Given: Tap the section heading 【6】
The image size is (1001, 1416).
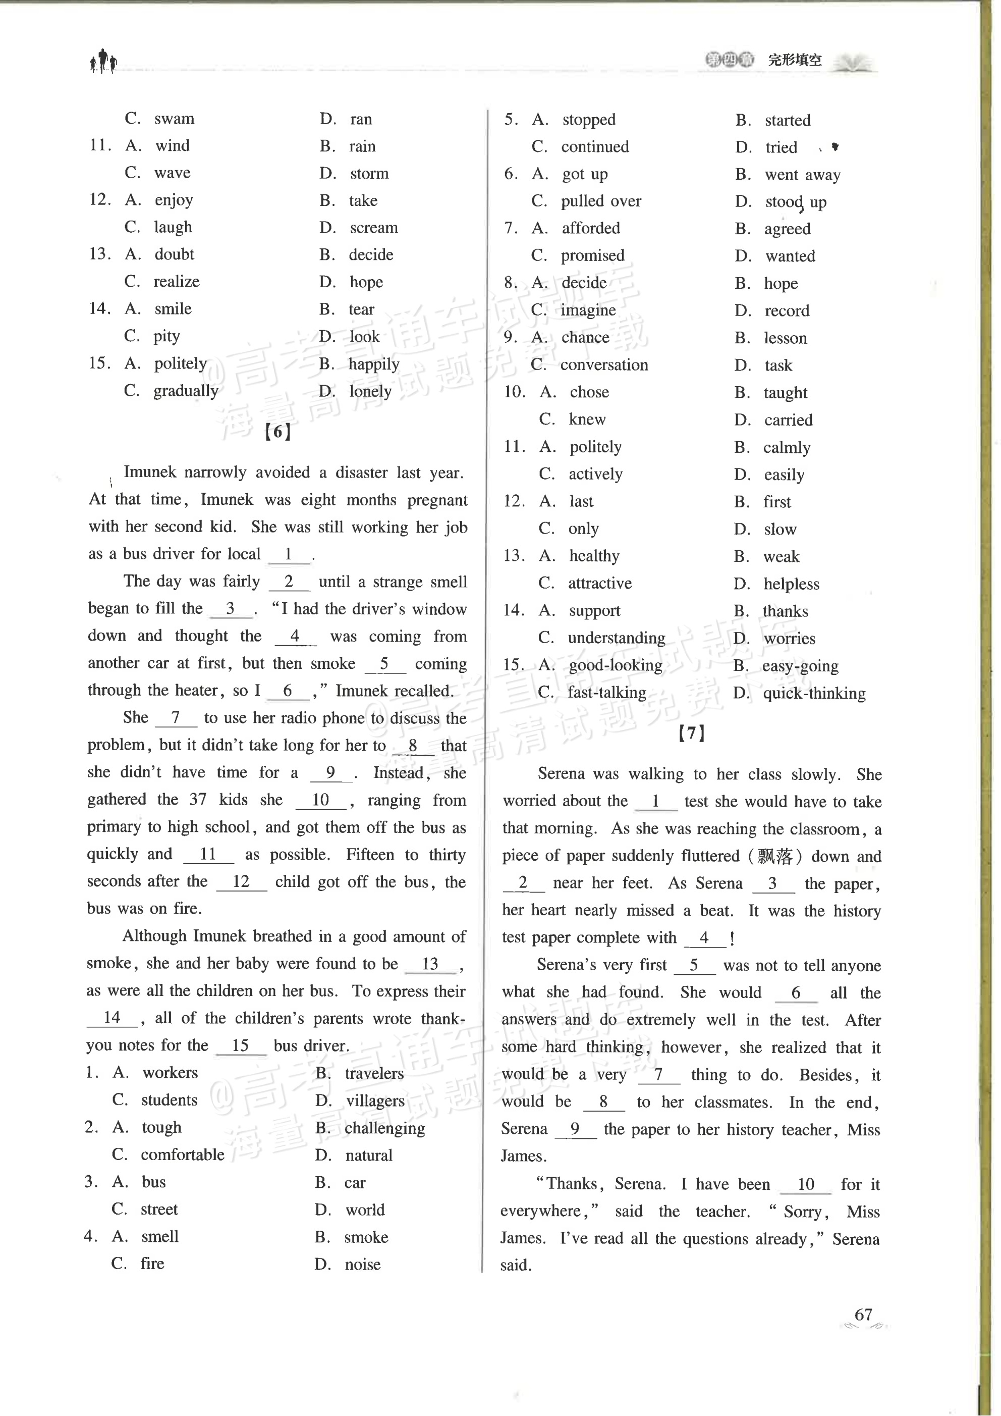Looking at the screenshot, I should point(277,432).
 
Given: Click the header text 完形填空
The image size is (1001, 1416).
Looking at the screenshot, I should point(795,61).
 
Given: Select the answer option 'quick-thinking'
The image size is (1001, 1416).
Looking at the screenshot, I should point(814,693).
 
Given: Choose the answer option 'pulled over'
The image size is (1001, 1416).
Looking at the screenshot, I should point(600,201).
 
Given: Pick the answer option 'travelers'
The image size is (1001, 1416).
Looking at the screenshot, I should point(374,1073).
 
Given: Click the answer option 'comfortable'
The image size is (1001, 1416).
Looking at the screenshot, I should point(183,1155).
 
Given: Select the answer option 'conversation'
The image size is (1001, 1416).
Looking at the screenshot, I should point(604,365).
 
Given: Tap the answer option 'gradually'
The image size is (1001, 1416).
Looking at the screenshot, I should point(186,391).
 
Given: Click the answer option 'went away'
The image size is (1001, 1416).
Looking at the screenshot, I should point(803,175).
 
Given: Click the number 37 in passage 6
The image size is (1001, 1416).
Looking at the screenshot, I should point(197,800).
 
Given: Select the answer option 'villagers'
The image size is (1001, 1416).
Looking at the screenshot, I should point(375,1101).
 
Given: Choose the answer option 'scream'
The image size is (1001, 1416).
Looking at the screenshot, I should point(373,228).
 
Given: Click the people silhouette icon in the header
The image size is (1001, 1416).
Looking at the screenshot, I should point(103,62).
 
